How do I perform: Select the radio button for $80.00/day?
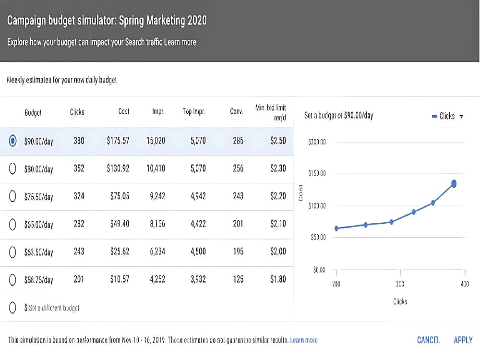tap(12, 168)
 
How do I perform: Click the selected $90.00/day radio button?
tap(12, 141)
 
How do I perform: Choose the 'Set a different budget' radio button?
tap(12, 307)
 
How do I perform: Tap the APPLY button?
tap(463, 340)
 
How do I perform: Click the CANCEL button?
tap(428, 340)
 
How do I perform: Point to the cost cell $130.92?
tap(118, 168)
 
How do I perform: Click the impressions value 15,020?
tap(156, 141)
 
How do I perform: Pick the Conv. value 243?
tap(238, 196)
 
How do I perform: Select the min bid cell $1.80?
tap(278, 279)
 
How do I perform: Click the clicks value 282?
tap(79, 224)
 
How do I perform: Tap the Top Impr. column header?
tap(194, 111)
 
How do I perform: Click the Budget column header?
tap(33, 113)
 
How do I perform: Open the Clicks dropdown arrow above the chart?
tap(461, 116)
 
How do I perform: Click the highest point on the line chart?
tap(454, 184)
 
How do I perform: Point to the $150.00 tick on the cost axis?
tap(317, 173)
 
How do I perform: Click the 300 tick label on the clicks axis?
tap(400, 284)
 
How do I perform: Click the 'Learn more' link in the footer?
tap(304, 340)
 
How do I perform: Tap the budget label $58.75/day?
tap(38, 280)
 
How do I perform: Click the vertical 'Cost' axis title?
tap(300, 193)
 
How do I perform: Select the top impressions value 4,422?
tap(198, 224)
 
